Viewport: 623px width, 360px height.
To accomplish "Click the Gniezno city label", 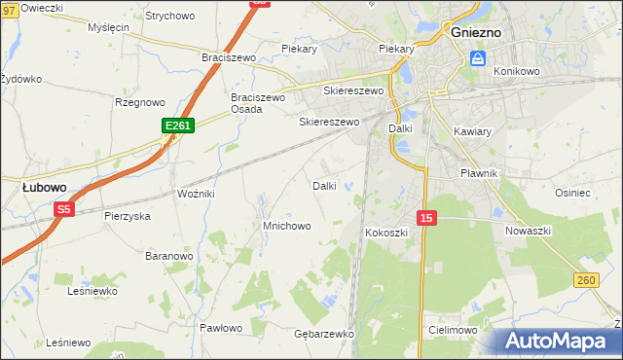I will [x=476, y=32].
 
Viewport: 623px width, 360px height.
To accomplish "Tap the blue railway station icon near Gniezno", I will [x=478, y=58].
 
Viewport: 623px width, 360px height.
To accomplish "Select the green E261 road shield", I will [x=178, y=126].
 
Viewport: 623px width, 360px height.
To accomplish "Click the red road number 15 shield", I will [x=425, y=218].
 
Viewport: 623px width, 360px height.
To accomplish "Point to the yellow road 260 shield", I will [x=585, y=280].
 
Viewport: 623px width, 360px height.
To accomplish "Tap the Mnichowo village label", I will [x=286, y=226].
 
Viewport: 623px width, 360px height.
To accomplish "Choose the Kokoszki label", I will [x=387, y=234].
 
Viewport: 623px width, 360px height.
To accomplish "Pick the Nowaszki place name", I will [x=529, y=231].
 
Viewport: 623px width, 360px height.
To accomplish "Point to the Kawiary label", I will [x=473, y=130].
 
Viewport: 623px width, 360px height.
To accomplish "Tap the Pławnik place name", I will [x=478, y=173].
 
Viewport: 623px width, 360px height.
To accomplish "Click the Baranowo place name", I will [x=168, y=256].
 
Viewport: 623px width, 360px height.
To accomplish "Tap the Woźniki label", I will [x=195, y=195].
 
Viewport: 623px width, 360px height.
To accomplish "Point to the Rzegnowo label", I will [x=142, y=102].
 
